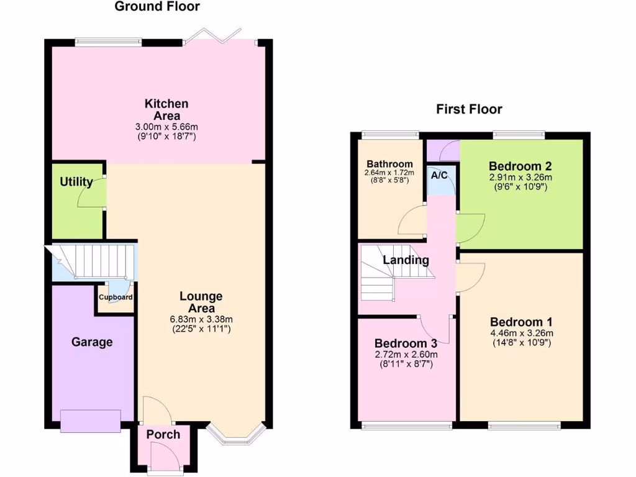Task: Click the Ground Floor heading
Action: point(157,7)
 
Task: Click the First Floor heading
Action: point(469,110)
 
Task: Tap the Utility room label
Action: point(76,182)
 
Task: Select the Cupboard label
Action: point(116,298)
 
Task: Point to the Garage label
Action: point(92,342)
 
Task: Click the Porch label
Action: point(163,434)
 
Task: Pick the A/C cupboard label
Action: point(440,176)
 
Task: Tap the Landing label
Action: point(406,260)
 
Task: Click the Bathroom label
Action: point(389,164)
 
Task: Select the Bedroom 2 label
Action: point(520,166)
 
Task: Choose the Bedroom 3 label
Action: point(406,343)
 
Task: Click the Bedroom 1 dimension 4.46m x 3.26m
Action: point(522,333)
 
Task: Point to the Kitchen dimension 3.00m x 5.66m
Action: point(166,126)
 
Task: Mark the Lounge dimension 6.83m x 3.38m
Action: point(202,319)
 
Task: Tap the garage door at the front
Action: point(91,420)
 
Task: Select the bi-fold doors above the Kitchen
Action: point(217,36)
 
